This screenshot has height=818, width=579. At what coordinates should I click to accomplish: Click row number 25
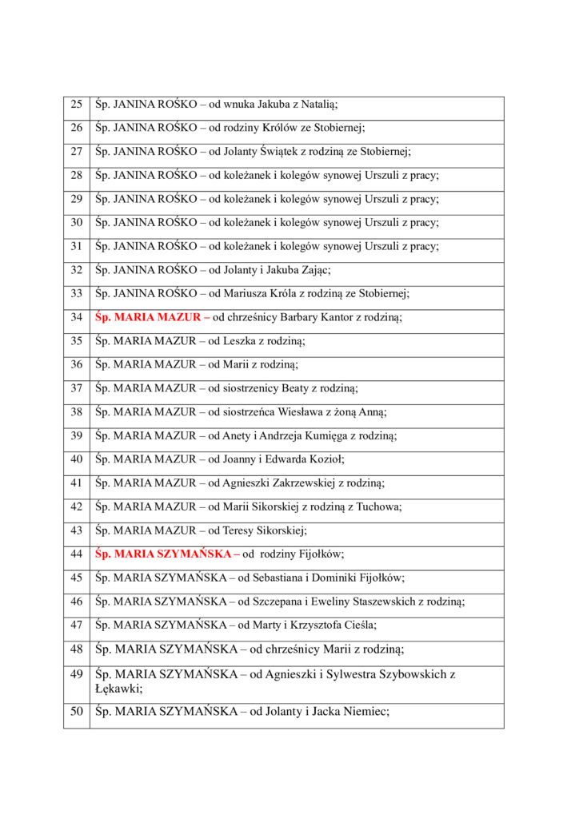click(x=77, y=104)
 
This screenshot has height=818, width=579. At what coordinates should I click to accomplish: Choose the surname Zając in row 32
click(x=311, y=270)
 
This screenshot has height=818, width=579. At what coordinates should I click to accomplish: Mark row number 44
click(x=77, y=553)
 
